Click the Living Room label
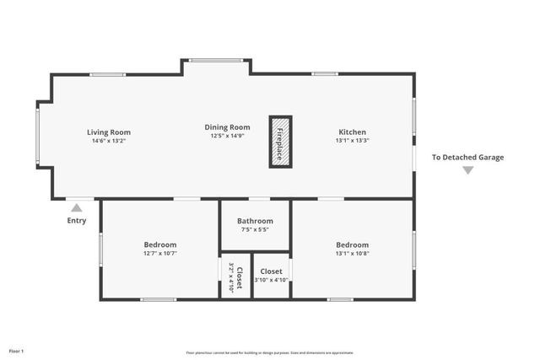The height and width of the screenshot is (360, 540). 109,132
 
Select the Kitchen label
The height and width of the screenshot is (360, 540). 352,132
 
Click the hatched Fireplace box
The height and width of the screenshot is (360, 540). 280,142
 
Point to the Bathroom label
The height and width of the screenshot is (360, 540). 255,221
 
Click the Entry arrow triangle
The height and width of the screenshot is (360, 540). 77,207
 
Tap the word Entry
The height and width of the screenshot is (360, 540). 77,221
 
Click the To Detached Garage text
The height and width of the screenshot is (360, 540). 467,157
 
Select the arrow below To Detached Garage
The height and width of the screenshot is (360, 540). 467,170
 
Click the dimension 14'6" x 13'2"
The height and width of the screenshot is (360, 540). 109,142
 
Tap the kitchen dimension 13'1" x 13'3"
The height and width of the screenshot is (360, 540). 352,142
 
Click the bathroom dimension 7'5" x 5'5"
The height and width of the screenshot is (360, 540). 255,229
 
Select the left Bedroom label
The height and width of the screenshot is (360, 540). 160,244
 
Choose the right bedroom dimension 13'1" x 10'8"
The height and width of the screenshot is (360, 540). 352,253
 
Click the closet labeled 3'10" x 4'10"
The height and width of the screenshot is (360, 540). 272,276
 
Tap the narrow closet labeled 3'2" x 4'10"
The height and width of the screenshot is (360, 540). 235,277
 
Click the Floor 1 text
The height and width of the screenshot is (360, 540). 17,351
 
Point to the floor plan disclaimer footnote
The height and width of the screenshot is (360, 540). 269,352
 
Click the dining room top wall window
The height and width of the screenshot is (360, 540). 216,60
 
